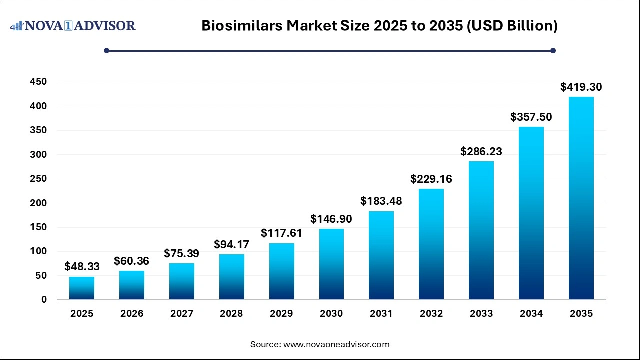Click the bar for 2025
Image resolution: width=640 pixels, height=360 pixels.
(82, 288)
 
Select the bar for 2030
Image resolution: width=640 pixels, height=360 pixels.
(331, 264)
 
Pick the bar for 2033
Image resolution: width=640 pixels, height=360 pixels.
(481, 230)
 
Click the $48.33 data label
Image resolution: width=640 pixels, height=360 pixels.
(82, 267)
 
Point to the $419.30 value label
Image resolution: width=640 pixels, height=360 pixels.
(581, 87)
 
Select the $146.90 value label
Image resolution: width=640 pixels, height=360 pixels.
(331, 219)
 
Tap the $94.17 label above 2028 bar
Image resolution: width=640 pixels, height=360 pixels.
(231, 244)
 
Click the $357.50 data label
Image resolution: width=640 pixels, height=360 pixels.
(531, 117)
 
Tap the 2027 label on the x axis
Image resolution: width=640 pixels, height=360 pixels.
(181, 314)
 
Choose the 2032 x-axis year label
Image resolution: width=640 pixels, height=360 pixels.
(431, 314)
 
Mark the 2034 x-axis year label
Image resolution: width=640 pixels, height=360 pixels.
(531, 314)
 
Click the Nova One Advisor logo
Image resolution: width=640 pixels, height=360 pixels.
(73, 25)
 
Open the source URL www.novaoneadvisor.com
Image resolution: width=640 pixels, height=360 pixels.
(336, 344)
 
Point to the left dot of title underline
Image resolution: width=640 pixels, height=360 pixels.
(106, 50)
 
